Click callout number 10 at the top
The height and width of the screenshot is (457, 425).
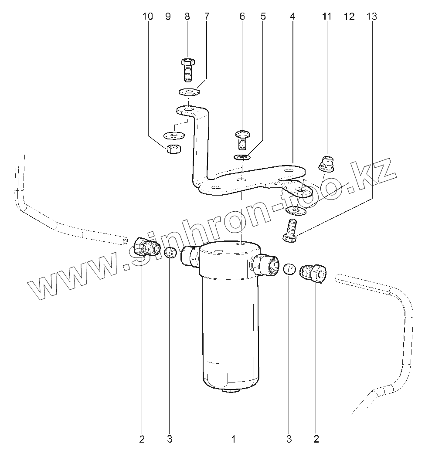click(148, 17)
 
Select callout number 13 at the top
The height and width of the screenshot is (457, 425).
click(371, 17)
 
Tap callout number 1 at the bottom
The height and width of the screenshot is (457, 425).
click(233, 439)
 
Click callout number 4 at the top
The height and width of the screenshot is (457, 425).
click(292, 17)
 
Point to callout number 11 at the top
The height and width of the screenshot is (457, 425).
click(326, 17)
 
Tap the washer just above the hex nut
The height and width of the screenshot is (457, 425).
click(173, 135)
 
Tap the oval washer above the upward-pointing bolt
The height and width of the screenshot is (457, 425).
click(295, 211)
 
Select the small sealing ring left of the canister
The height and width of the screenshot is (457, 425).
click(170, 252)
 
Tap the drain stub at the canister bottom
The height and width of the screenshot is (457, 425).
click(232, 392)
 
